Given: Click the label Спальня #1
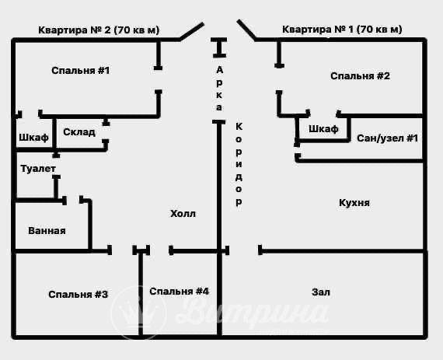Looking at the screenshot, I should pos(80,71).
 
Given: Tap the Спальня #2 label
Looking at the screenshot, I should pos(360,76).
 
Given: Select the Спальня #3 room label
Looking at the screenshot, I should pos(78,294).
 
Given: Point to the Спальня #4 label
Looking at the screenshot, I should pos(180,292).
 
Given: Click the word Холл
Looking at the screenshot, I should pos(183,213).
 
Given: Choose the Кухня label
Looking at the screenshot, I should pos(354,202).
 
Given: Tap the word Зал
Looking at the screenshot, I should pos(321,292).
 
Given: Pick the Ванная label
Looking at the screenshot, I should pos(47,231).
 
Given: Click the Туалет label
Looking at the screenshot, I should pos(38,168).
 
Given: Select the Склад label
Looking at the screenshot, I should pos(79,132).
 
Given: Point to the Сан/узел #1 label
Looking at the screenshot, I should pos(387,138).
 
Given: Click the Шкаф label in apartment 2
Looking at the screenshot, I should pos(33,138).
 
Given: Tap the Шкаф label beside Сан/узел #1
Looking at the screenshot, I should pos(323,128).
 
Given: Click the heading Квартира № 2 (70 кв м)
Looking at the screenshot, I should pos(99,30).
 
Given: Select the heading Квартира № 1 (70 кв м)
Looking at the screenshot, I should pos(342,30).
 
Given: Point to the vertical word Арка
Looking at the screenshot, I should pos(219,88).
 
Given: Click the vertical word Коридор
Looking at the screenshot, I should pos(239,163).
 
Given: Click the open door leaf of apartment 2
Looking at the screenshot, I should pos(190,30).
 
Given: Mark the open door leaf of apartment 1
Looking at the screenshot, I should pos(246,30).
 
